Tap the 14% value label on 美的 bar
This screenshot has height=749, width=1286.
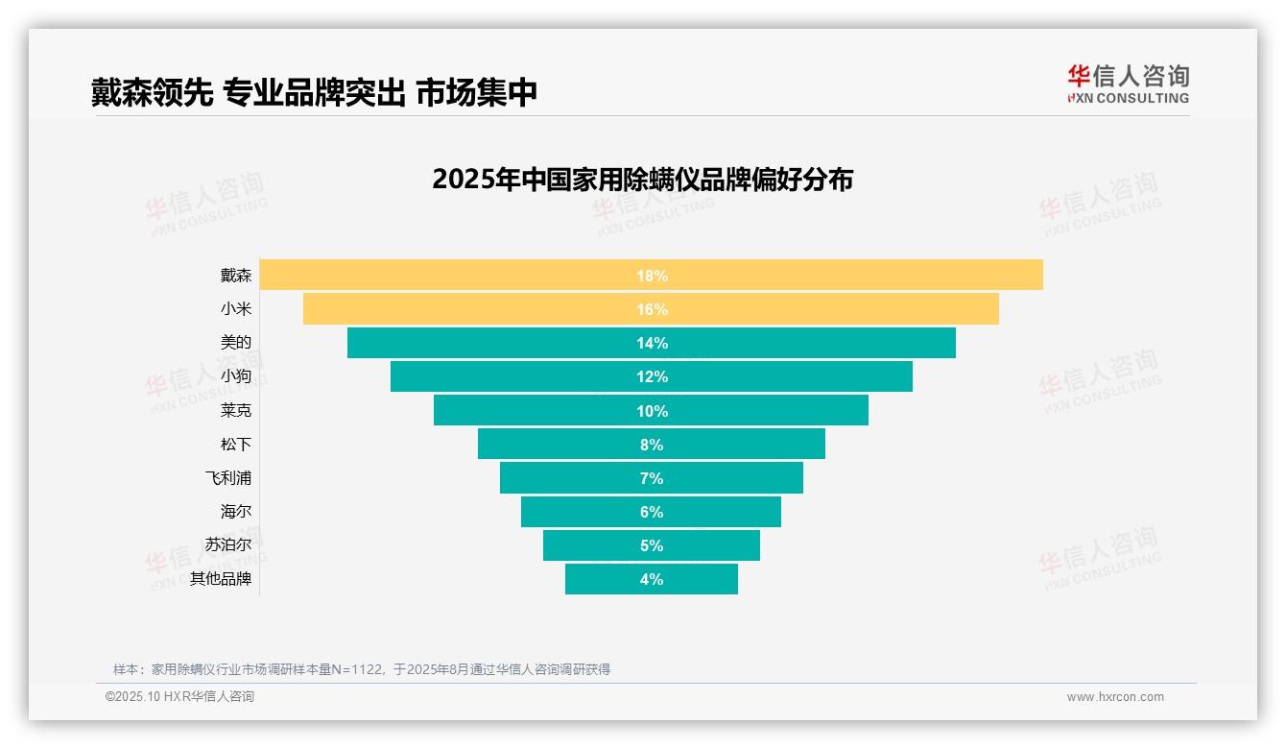pyautogui.click(x=652, y=343)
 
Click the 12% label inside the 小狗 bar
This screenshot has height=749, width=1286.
pyautogui.click(x=652, y=376)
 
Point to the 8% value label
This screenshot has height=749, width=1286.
pyautogui.click(x=652, y=445)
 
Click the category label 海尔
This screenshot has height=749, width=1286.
pyautogui.click(x=235, y=512)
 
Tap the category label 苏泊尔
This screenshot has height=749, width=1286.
pyautogui.click(x=228, y=545)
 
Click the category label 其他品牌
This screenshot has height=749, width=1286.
pyautogui.click(x=221, y=579)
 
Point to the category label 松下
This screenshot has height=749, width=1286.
pyautogui.click(x=235, y=445)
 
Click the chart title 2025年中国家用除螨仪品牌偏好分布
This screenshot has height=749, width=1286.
pyautogui.click(x=642, y=180)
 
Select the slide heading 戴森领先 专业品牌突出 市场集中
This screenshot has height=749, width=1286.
pyautogui.click(x=314, y=92)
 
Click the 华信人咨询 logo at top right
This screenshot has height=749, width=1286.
pyautogui.click(x=1128, y=85)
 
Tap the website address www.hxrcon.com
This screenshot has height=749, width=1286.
pyautogui.click(x=1115, y=697)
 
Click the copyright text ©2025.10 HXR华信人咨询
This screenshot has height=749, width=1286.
pyautogui.click(x=179, y=697)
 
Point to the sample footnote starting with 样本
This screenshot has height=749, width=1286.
pyautogui.click(x=362, y=669)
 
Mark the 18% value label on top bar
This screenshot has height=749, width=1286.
pyautogui.click(x=652, y=276)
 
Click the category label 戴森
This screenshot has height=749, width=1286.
pyautogui.click(x=235, y=276)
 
